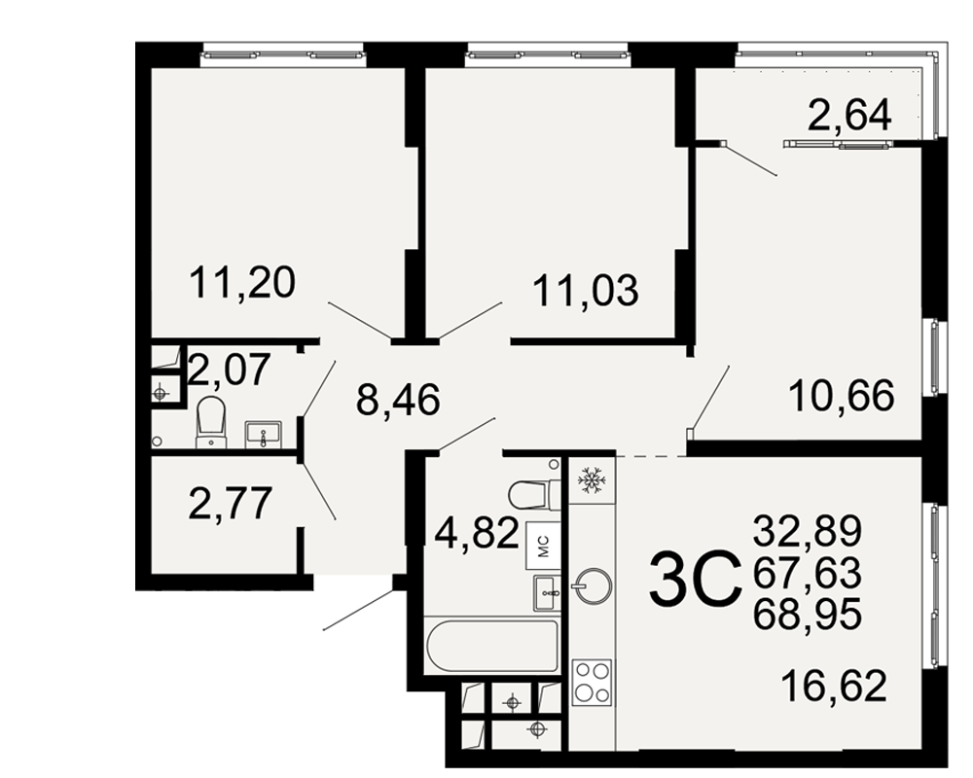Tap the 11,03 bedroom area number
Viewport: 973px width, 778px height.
586,291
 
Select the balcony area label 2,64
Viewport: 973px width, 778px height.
849,116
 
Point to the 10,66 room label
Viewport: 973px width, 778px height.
842,395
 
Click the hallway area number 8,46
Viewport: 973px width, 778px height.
398,399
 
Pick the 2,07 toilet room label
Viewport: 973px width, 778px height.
230,370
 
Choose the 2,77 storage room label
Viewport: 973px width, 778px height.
231,503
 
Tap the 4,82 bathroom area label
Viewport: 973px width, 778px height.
477,532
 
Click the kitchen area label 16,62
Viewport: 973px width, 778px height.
834,686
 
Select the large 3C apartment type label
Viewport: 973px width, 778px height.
695,580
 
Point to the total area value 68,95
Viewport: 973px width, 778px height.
808,615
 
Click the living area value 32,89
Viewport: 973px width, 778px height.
808,530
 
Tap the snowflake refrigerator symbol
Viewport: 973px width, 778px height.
591,480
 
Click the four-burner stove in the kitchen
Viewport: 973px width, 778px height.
592,682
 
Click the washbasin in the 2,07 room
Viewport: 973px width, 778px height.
264,435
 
